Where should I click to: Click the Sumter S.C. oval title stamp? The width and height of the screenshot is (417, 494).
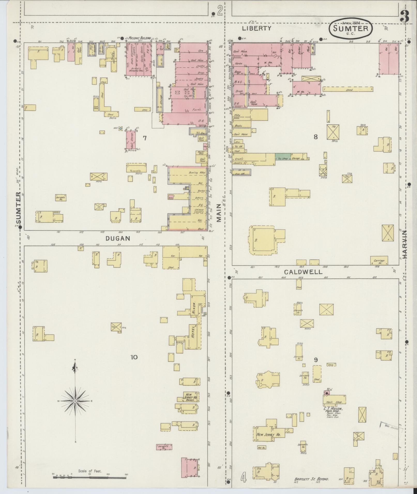coord(351,28)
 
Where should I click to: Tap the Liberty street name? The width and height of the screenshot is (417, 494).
coord(256,28)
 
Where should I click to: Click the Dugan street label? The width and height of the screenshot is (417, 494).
coord(117,239)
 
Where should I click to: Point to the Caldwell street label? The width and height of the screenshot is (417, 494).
coord(303,272)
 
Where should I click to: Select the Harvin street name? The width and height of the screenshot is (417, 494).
coord(404,244)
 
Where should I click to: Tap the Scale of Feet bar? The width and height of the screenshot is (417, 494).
coord(89,477)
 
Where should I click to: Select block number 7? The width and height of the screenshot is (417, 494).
coord(145,138)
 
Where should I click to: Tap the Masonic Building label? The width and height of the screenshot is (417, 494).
coord(140,38)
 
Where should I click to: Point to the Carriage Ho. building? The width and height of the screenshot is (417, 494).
coord(379,261)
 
